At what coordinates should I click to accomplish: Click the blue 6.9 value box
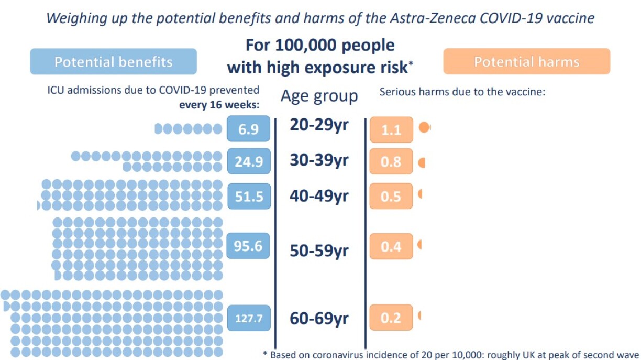tap(249, 129)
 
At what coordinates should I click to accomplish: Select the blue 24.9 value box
tap(249, 161)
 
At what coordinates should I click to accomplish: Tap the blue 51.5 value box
tap(249, 197)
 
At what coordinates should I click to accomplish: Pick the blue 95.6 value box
tap(248, 246)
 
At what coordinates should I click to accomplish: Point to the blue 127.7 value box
tap(249, 318)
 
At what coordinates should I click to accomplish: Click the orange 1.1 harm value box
tap(391, 129)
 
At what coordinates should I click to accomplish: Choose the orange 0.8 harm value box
tap(391, 161)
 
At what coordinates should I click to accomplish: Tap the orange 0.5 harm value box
tap(391, 197)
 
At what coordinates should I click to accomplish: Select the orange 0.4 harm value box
tap(391, 246)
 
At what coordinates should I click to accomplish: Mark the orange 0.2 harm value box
tap(391, 318)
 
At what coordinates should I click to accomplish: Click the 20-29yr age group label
tap(319, 126)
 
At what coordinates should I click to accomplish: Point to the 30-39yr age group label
tap(319, 160)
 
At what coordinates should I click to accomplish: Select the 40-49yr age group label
tap(319, 196)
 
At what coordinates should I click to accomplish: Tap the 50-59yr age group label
tap(319, 251)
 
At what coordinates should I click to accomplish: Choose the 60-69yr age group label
tap(319, 318)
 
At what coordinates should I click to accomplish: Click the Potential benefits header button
tap(113, 62)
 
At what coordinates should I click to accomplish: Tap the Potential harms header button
tap(526, 62)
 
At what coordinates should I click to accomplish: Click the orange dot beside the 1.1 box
tap(424, 127)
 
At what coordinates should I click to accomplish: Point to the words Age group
tap(319, 96)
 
